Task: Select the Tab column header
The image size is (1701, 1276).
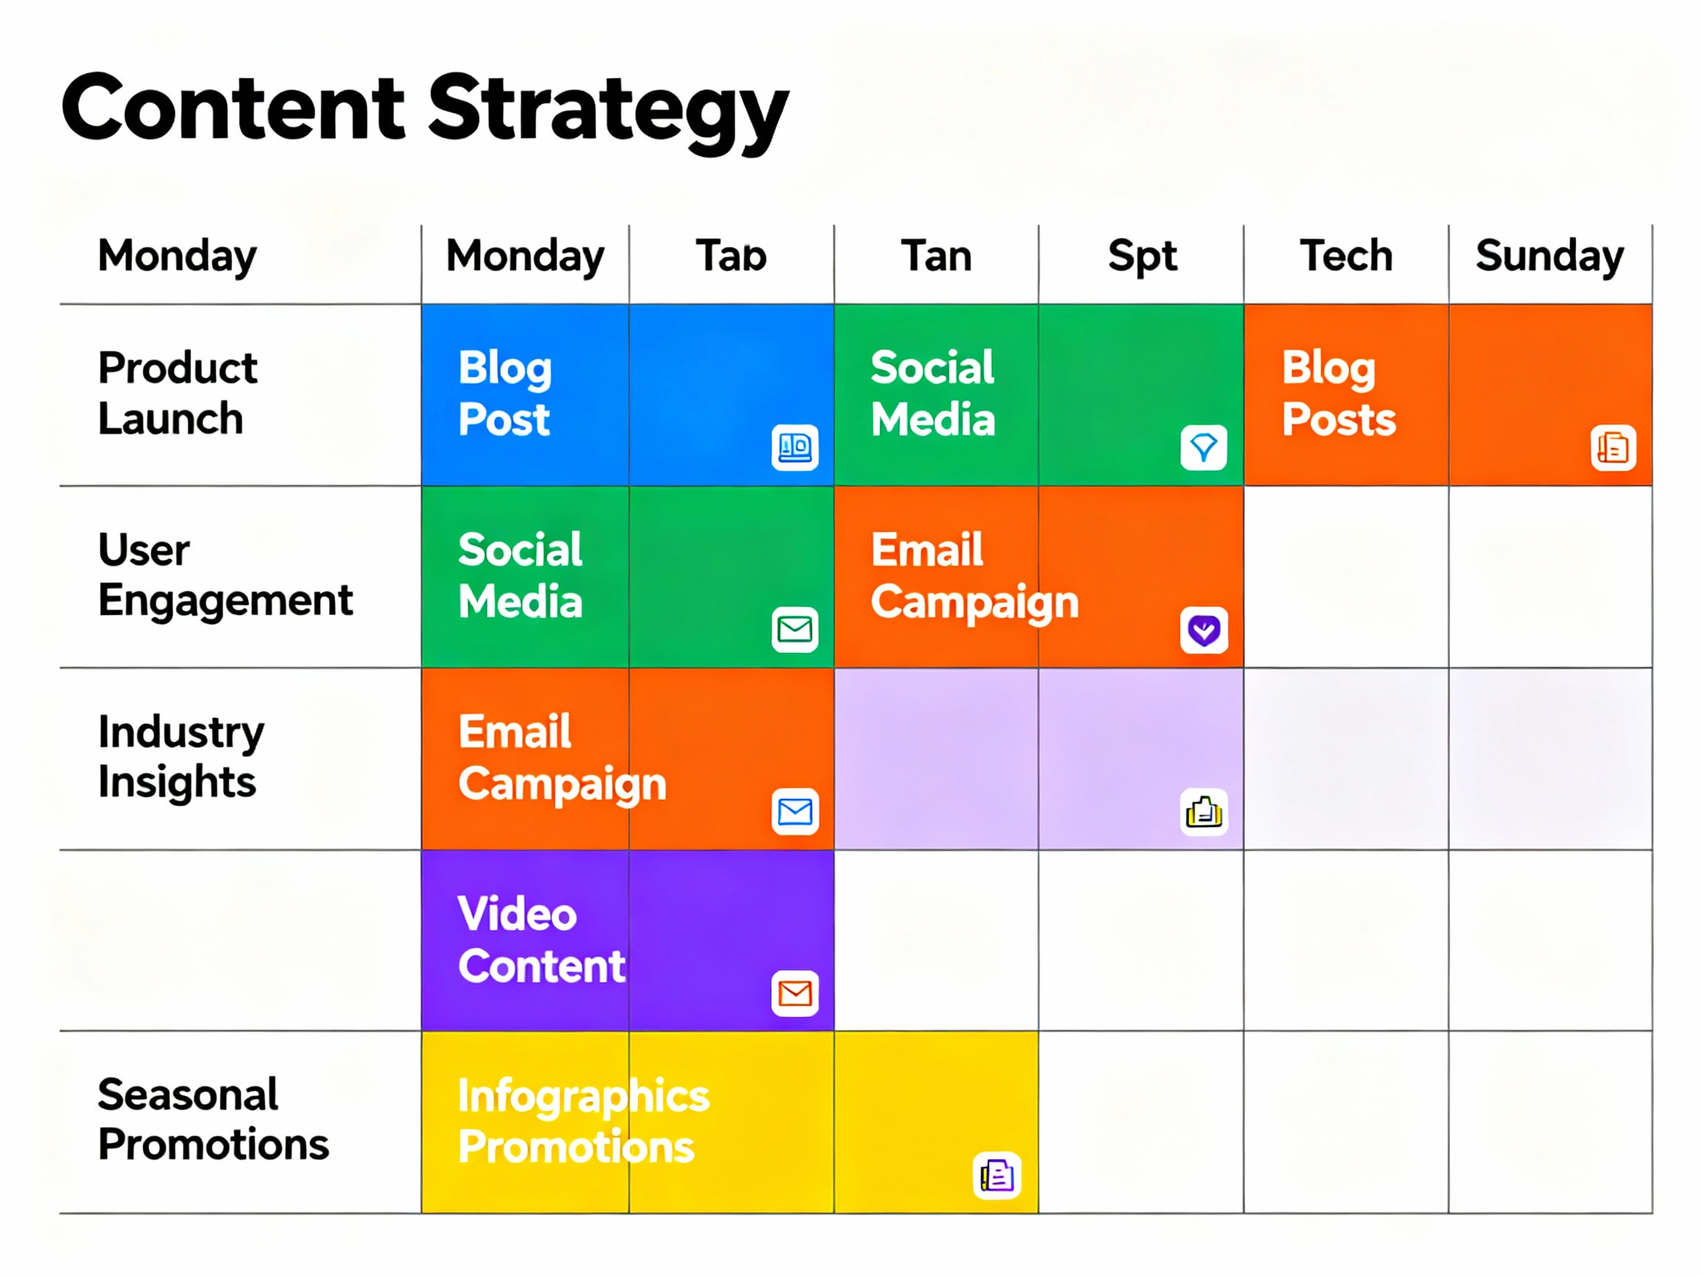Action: click(x=732, y=255)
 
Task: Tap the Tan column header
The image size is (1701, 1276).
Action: click(x=936, y=255)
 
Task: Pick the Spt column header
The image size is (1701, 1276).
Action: click(x=1142, y=255)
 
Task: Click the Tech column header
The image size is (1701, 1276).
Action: click(x=1346, y=255)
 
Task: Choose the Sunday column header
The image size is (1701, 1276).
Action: click(x=1550, y=255)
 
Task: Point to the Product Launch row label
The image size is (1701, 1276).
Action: click(x=177, y=393)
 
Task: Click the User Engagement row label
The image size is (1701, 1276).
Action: click(x=224, y=574)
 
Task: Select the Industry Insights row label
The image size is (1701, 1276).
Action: click(x=181, y=756)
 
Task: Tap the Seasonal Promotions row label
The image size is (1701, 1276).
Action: click(x=213, y=1119)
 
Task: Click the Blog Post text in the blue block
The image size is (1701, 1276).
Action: click(x=504, y=393)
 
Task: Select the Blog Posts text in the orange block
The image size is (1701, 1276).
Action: click(x=1338, y=393)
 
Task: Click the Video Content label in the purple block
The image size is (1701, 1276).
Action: click(x=540, y=939)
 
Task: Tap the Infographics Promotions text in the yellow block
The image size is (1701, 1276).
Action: click(x=583, y=1121)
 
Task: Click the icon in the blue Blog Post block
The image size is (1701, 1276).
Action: click(x=794, y=447)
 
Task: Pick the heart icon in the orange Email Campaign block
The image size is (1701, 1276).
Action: click(x=1203, y=630)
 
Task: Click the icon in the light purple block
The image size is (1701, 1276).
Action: click(x=1203, y=812)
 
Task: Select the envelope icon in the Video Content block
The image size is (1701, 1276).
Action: click(x=794, y=993)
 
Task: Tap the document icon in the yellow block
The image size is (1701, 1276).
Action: click(x=997, y=1175)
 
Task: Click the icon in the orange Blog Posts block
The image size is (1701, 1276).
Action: click(x=1612, y=447)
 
